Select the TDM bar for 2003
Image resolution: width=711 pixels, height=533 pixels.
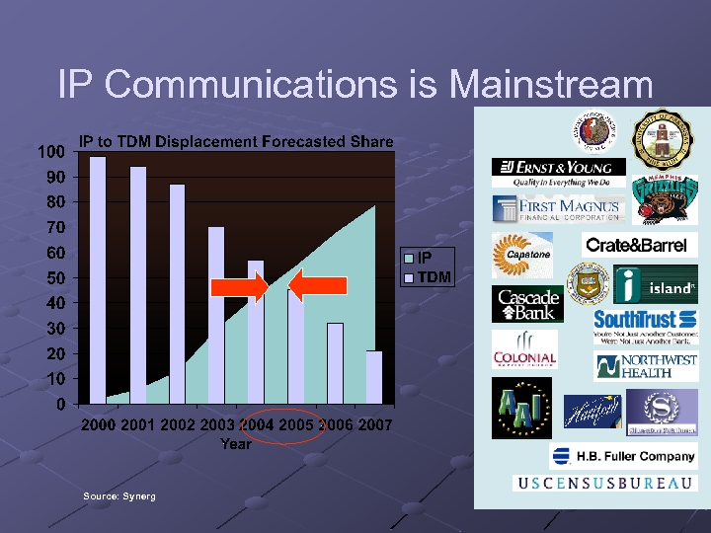pos(215,315)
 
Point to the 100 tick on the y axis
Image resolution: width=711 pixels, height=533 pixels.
pos(52,152)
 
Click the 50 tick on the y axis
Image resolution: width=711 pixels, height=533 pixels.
pos(56,278)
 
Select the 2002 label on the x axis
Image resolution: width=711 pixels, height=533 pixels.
pos(178,424)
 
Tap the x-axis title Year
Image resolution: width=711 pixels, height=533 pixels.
pos(236,444)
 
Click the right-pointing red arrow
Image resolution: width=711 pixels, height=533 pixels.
pos(240,286)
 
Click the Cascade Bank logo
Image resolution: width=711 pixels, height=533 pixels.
pos(528,304)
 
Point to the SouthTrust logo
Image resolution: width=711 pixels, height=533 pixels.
pos(645,319)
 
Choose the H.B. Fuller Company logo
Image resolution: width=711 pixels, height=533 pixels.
pos(622,456)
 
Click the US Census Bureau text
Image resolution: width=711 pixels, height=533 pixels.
pos(604,483)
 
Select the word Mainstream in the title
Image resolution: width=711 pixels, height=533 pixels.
pos(550,84)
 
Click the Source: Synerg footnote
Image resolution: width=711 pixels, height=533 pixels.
pos(119,495)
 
